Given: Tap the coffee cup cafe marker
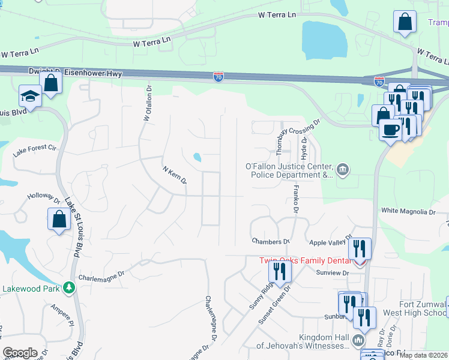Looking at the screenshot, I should click(390, 130).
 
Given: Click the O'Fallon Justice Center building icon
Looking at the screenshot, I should click(342, 170).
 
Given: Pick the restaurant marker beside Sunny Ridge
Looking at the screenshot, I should click(280, 271).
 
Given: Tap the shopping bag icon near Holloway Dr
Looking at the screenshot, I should click(59, 219).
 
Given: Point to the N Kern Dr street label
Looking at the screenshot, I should click(175, 175).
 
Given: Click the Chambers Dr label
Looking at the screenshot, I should click(270, 242).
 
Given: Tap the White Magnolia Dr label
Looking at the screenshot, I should click(408, 212).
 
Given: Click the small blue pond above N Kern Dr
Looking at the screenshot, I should click(197, 158).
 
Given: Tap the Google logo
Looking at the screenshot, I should click(20, 352).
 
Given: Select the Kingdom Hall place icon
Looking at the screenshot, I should click(358, 341).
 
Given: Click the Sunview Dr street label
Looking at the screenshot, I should click(332, 273).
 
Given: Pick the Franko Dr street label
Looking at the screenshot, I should click(295, 200).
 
